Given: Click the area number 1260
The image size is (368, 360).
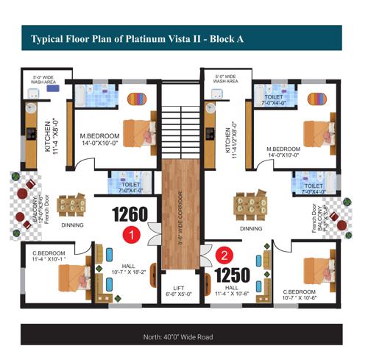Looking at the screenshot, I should tap(130, 216).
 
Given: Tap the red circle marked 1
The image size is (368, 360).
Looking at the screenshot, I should tap(130, 236).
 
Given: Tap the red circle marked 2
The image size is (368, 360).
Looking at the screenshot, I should tap(224, 256).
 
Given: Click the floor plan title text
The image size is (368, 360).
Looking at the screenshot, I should tap(139, 38).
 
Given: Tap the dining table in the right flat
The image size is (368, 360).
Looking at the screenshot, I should tap(250, 205).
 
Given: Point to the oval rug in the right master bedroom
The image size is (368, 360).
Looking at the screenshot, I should tap(315, 98).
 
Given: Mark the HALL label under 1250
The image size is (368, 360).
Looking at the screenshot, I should tap(233, 288).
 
